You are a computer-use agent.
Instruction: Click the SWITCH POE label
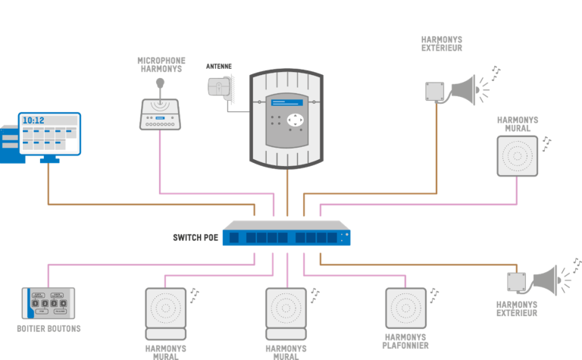pos(196,237)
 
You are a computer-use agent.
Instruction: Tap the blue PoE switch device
pos(286,233)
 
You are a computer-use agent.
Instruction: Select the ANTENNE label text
pos(218,67)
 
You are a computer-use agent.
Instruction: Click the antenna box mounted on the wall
pos(219,88)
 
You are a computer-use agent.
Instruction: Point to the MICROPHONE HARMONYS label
pos(161,64)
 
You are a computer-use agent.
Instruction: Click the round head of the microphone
pos(160,83)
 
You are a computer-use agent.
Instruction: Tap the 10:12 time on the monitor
pos(33,121)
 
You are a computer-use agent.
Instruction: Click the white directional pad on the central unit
pos(295,120)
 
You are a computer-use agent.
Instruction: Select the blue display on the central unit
pos(286,102)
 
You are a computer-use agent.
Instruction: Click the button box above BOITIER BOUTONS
pos(48,303)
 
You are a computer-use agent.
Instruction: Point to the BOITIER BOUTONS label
pos(48,328)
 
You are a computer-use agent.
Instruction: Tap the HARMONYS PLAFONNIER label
pos(405,342)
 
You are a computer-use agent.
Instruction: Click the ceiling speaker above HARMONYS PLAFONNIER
pos(405,308)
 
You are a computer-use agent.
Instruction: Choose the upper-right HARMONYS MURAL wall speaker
pos(518,156)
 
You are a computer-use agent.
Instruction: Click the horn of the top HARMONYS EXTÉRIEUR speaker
pos(464,90)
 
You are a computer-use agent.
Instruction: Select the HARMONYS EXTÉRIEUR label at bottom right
pos(517,308)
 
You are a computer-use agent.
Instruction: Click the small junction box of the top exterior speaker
pos(435,91)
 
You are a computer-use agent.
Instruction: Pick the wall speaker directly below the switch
pos(286,314)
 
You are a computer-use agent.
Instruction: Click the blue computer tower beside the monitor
pos(11,144)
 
